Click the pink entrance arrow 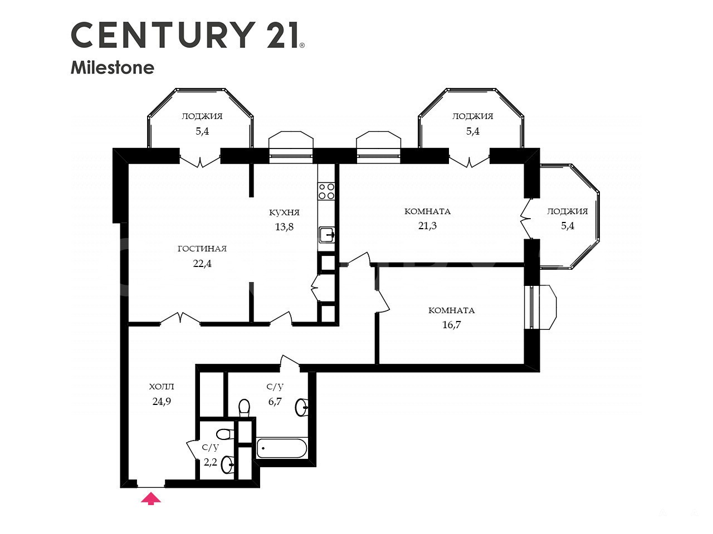point(151,498)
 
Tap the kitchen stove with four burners point(326,191)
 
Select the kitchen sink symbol point(326,235)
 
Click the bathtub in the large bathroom point(282,448)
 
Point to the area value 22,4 point(202,264)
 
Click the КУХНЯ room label point(284,212)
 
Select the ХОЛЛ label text point(162,387)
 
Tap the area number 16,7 point(452,324)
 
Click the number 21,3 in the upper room point(427,226)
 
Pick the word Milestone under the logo point(113,68)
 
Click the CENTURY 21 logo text point(188,35)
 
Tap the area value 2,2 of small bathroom point(210,462)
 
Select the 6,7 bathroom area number point(275,402)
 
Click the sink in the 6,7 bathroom point(302,407)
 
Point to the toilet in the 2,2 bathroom point(225,434)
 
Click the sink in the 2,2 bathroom point(227,465)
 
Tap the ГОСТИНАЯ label point(202,249)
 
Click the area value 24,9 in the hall point(162,402)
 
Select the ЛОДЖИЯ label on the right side point(567,211)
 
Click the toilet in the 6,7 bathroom point(244,408)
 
